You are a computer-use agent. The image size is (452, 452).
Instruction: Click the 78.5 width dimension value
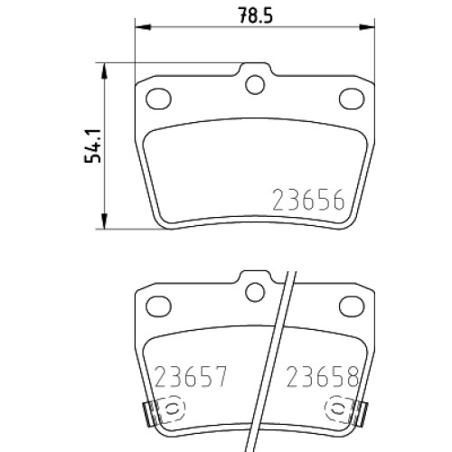[255, 15]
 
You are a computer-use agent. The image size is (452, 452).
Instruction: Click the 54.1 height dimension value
[92, 146]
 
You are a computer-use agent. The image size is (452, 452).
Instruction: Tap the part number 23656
[308, 200]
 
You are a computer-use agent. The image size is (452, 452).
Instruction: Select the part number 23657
[190, 377]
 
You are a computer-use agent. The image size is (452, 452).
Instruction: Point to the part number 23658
[323, 377]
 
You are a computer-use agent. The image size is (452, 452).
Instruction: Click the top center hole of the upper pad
[255, 85]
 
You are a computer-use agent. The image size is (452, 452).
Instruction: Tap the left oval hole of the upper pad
[158, 99]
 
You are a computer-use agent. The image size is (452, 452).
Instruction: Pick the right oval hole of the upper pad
[352, 99]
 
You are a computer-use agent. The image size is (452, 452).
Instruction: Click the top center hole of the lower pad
[255, 292]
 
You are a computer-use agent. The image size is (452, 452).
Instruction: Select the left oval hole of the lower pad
[158, 306]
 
